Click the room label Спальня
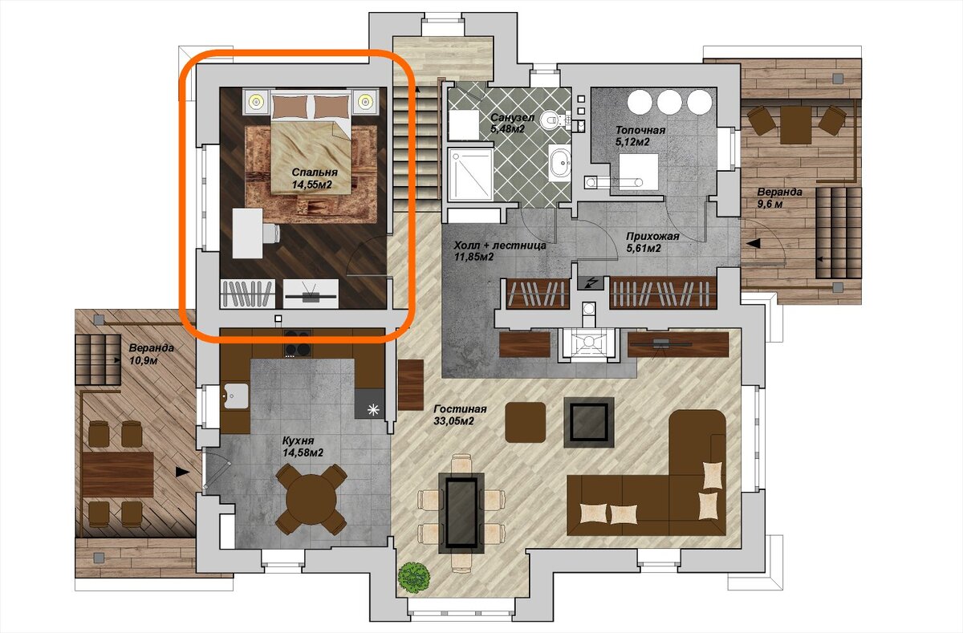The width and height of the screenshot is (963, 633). [x=315, y=172]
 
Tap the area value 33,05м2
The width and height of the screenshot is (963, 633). [x=453, y=421]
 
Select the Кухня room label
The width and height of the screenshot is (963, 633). [x=298, y=440]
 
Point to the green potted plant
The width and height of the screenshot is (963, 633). [x=414, y=578]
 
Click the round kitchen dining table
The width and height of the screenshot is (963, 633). [x=311, y=499]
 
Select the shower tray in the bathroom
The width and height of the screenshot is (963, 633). [x=470, y=174]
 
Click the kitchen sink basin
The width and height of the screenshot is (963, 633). [x=234, y=396]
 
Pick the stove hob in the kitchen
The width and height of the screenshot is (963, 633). [x=298, y=343]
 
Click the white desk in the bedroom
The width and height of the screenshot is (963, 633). [x=248, y=233]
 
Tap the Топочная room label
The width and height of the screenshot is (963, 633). [x=640, y=130]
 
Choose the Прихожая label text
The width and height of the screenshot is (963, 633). [x=652, y=236]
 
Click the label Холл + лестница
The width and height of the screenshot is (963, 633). [x=500, y=245]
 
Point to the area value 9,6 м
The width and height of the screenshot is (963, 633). [x=770, y=204]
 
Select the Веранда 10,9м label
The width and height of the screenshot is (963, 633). [x=152, y=354]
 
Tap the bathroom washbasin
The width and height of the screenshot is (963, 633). [x=560, y=162]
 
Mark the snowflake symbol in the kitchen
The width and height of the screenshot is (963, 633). [x=373, y=410]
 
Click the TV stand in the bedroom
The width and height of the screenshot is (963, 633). [x=311, y=294]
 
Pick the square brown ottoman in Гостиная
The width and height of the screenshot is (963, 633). [x=526, y=423]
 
